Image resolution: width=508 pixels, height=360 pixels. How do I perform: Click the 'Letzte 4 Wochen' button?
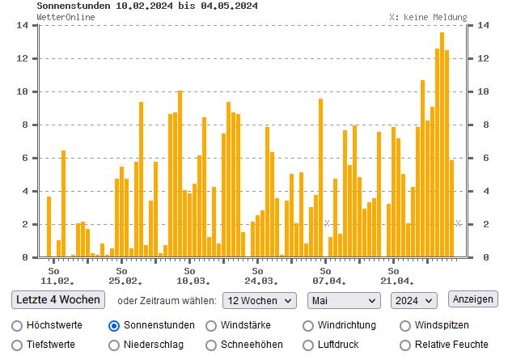tap(59, 299)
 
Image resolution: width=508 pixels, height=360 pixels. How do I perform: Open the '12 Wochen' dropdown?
tap(259, 300)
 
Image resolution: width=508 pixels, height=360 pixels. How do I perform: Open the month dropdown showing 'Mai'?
tap(343, 300)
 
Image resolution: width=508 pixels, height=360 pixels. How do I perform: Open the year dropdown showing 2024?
tap(413, 300)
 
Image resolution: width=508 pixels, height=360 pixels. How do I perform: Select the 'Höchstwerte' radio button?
tap(17, 325)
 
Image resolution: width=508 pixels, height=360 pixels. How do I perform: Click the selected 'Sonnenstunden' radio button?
tap(114, 325)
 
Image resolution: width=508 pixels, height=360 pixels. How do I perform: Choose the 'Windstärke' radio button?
tap(211, 325)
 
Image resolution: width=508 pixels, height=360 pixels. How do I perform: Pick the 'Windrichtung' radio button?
tap(308, 325)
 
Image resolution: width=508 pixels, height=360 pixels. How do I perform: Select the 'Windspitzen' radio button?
tap(405, 325)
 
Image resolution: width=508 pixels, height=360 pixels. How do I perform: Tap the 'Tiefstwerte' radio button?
tap(17, 345)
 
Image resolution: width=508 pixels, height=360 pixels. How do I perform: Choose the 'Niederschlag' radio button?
tap(114, 345)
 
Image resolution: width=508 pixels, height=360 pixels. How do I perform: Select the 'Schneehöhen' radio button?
tap(211, 345)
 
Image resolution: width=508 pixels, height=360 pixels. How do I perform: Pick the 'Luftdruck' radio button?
tap(308, 345)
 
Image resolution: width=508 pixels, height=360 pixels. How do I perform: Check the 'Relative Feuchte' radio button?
tap(405, 345)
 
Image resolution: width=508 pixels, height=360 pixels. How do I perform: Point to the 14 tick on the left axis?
tap(23, 25)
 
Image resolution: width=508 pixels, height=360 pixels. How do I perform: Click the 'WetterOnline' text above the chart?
tap(65, 16)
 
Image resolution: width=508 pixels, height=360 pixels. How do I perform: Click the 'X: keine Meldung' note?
tap(427, 16)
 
